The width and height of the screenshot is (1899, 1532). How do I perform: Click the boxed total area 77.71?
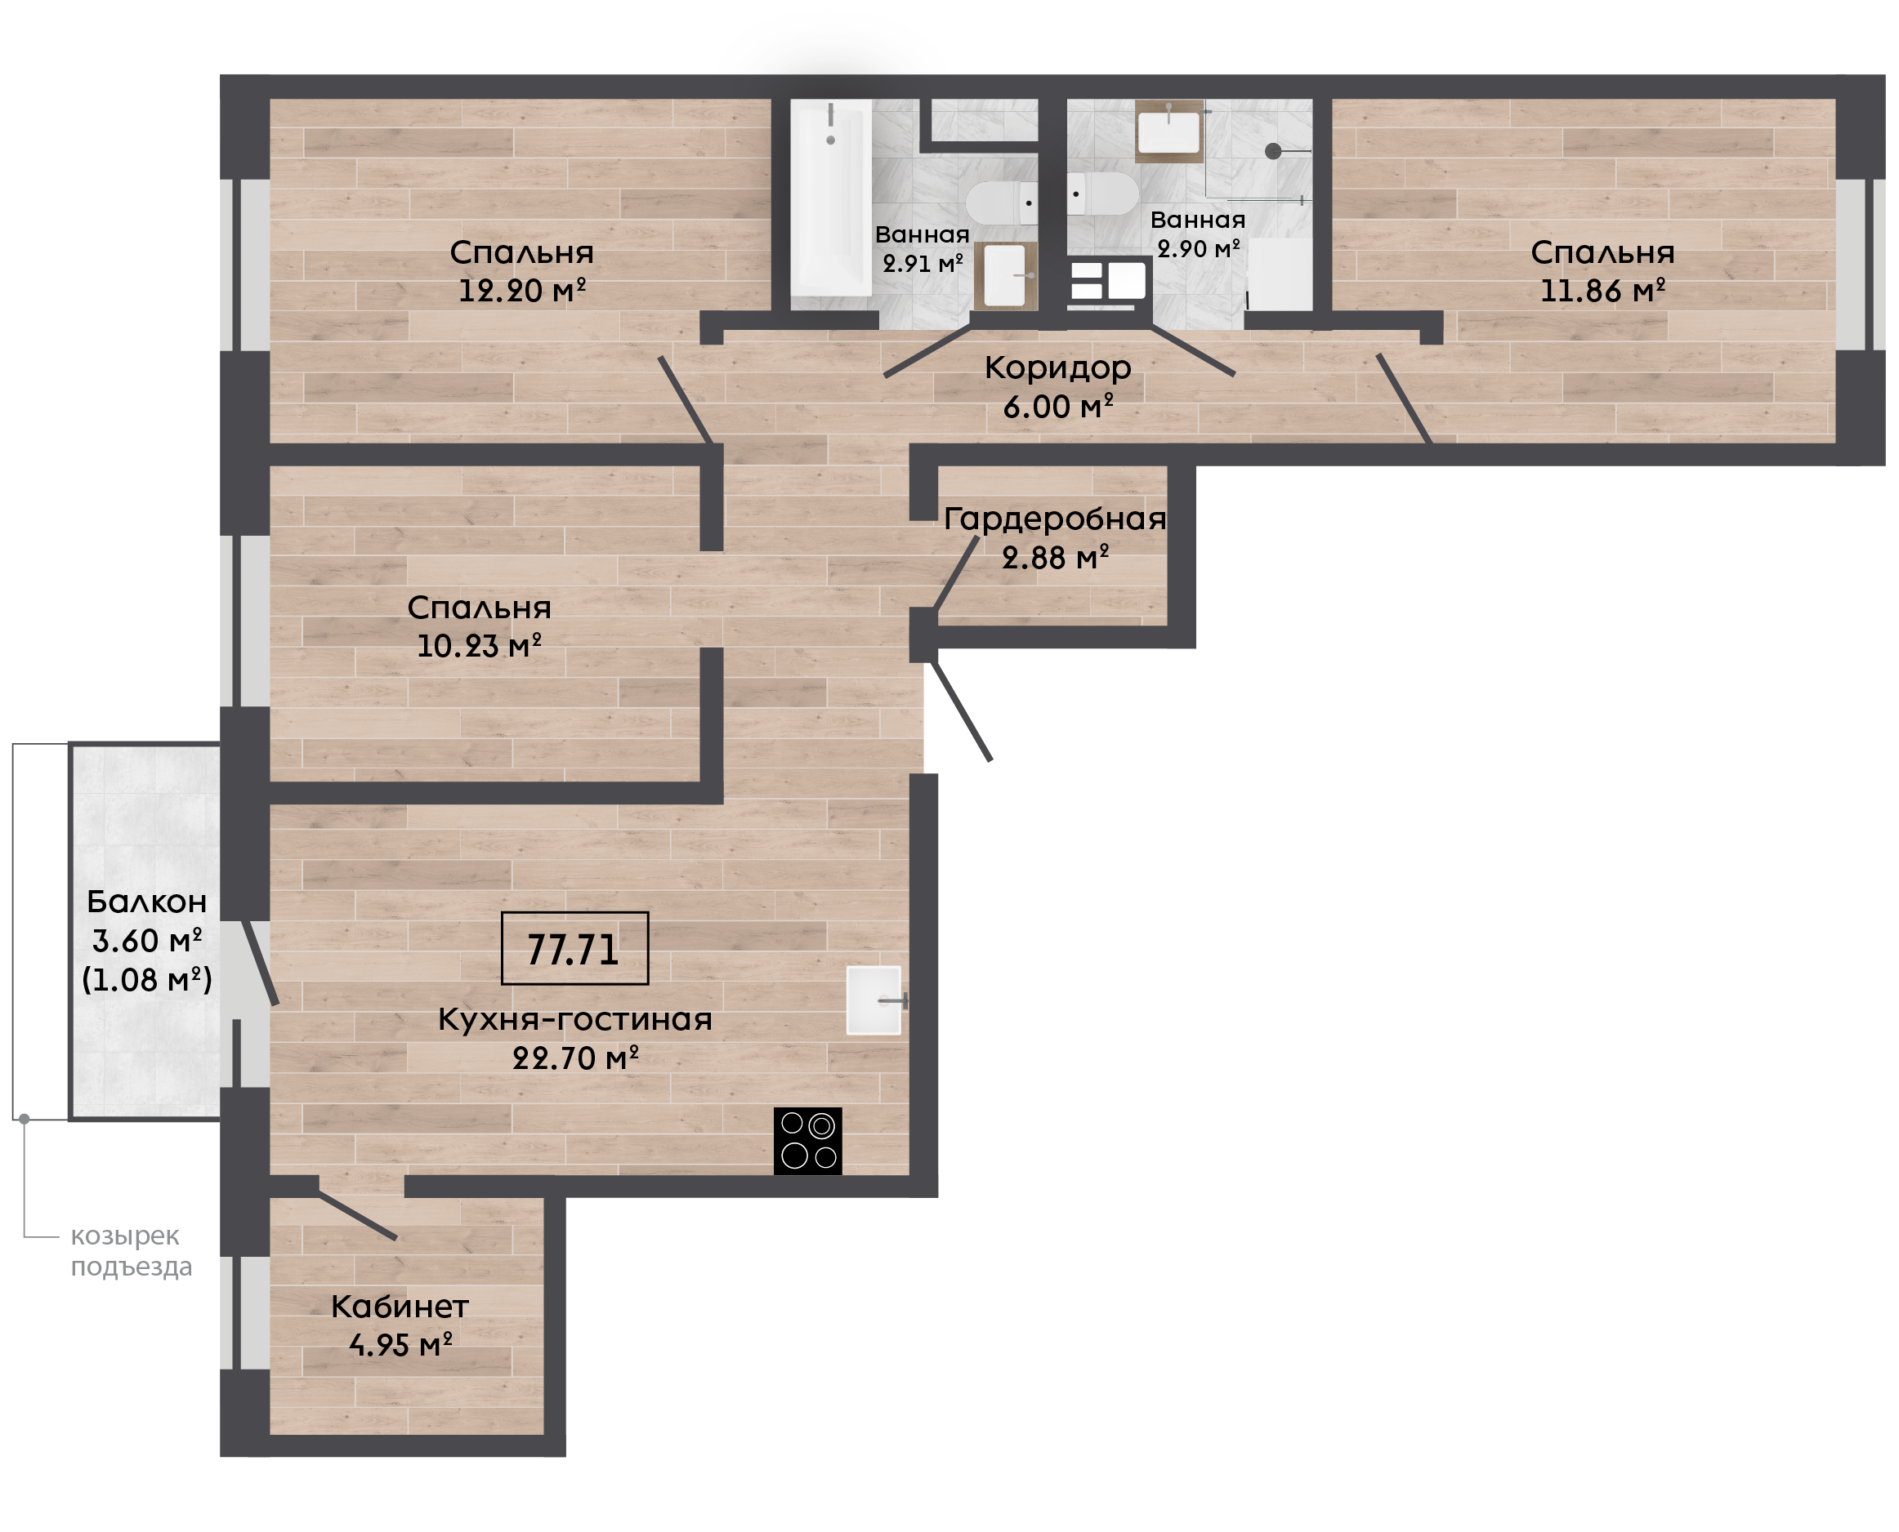point(574,950)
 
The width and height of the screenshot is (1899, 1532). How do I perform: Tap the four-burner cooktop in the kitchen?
point(808,1142)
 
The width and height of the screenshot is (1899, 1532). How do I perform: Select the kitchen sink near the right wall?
point(875,1000)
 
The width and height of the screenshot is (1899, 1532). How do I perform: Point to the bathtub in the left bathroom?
point(831,198)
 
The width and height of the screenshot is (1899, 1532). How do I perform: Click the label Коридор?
point(1057,368)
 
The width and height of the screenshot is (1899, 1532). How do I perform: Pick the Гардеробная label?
point(1055,519)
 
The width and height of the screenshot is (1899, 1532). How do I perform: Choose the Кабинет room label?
point(400,1307)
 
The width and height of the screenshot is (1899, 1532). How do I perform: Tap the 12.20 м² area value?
point(522,291)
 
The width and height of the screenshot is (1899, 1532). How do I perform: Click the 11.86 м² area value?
point(1602,291)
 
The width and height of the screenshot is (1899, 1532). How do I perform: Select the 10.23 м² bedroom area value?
point(479,646)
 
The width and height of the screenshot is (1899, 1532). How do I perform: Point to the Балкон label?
point(146,902)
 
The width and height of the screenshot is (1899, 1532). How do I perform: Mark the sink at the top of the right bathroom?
point(1168,131)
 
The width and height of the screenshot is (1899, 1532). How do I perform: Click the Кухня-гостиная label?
point(574,1019)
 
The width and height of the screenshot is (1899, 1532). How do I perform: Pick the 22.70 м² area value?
point(575,1058)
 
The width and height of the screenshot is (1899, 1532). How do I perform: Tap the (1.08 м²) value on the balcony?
point(146,980)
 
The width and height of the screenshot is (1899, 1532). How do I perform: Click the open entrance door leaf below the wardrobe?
point(963,711)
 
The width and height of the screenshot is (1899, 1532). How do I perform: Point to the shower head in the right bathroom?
point(1273,151)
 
